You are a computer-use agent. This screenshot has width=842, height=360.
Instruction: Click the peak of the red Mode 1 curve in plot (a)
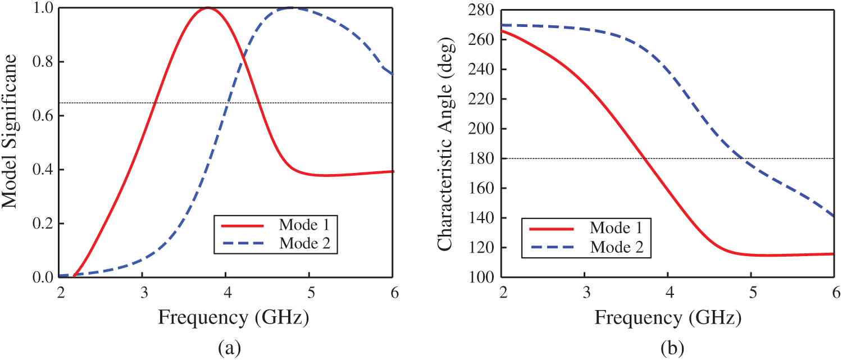coord(208,8)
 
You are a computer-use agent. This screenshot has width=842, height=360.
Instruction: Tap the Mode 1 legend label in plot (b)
coord(616,228)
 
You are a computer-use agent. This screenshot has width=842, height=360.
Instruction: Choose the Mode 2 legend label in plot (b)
coord(616,247)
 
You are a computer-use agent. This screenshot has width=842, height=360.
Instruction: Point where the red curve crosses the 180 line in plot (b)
coord(645,158)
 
